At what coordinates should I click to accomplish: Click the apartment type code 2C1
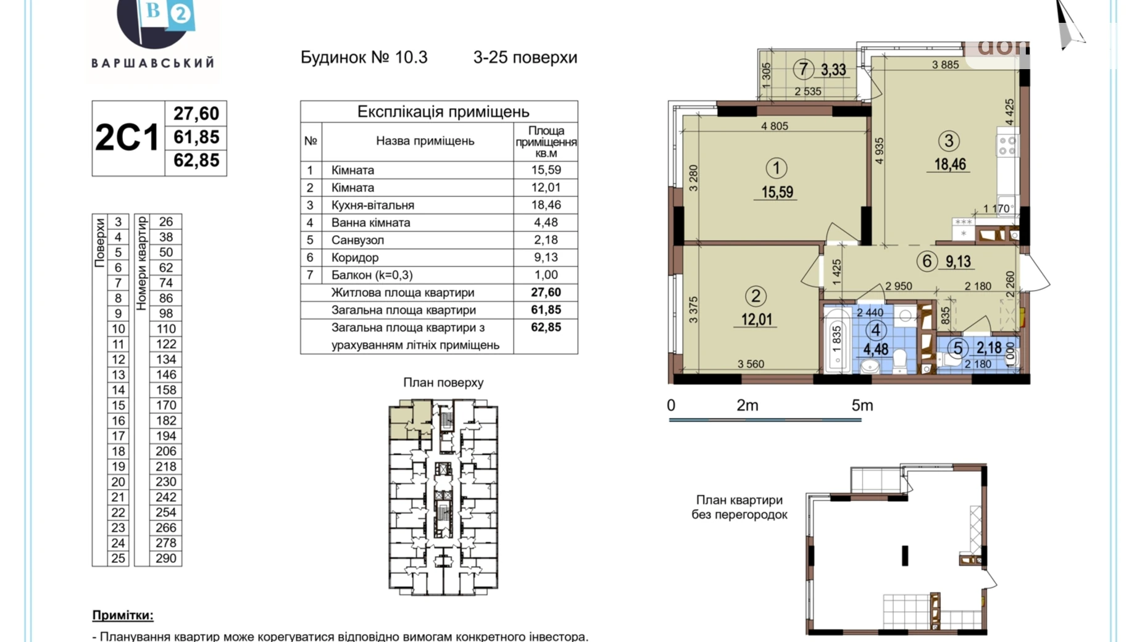[x=127, y=138]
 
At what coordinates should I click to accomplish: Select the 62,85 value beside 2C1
[x=196, y=160]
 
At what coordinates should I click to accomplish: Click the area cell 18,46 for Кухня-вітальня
[x=546, y=205]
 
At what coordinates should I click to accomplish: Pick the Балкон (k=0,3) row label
[x=372, y=275]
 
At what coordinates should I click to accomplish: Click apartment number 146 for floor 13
[x=165, y=375]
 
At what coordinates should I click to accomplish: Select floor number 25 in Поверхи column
[x=118, y=559]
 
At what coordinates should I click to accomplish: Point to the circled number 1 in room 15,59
[x=776, y=168]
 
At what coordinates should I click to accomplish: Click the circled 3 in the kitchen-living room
[x=948, y=141]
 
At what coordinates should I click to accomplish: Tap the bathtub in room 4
[x=836, y=343]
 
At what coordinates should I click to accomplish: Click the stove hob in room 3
[x=1007, y=146]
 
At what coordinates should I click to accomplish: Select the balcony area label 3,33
[x=833, y=70]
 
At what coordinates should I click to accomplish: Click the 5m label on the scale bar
[x=862, y=406]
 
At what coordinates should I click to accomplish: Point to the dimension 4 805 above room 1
[x=774, y=126]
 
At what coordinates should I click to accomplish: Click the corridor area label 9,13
[x=958, y=262]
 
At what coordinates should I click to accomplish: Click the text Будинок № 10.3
[x=364, y=57]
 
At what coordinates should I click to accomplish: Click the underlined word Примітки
[x=122, y=615]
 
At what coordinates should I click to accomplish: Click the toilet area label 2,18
[x=989, y=348]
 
